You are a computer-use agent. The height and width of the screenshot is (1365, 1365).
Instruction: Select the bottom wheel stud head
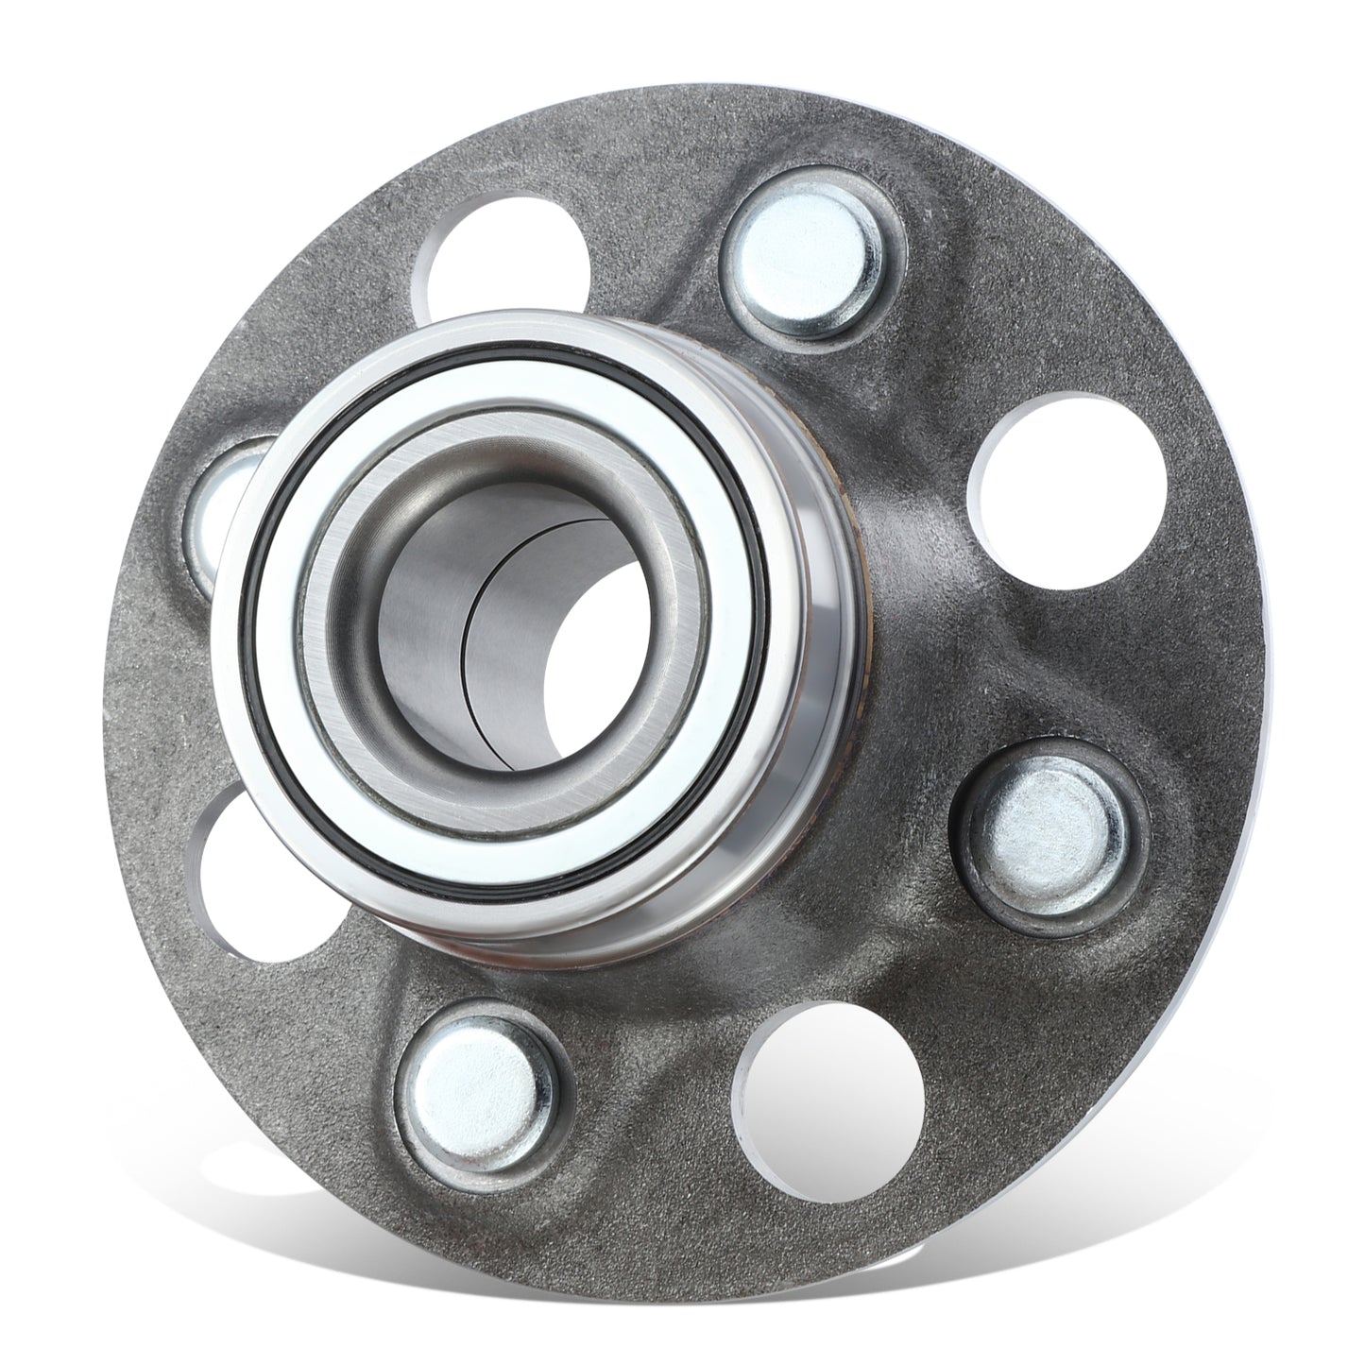pyautogui.click(x=474, y=1086)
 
